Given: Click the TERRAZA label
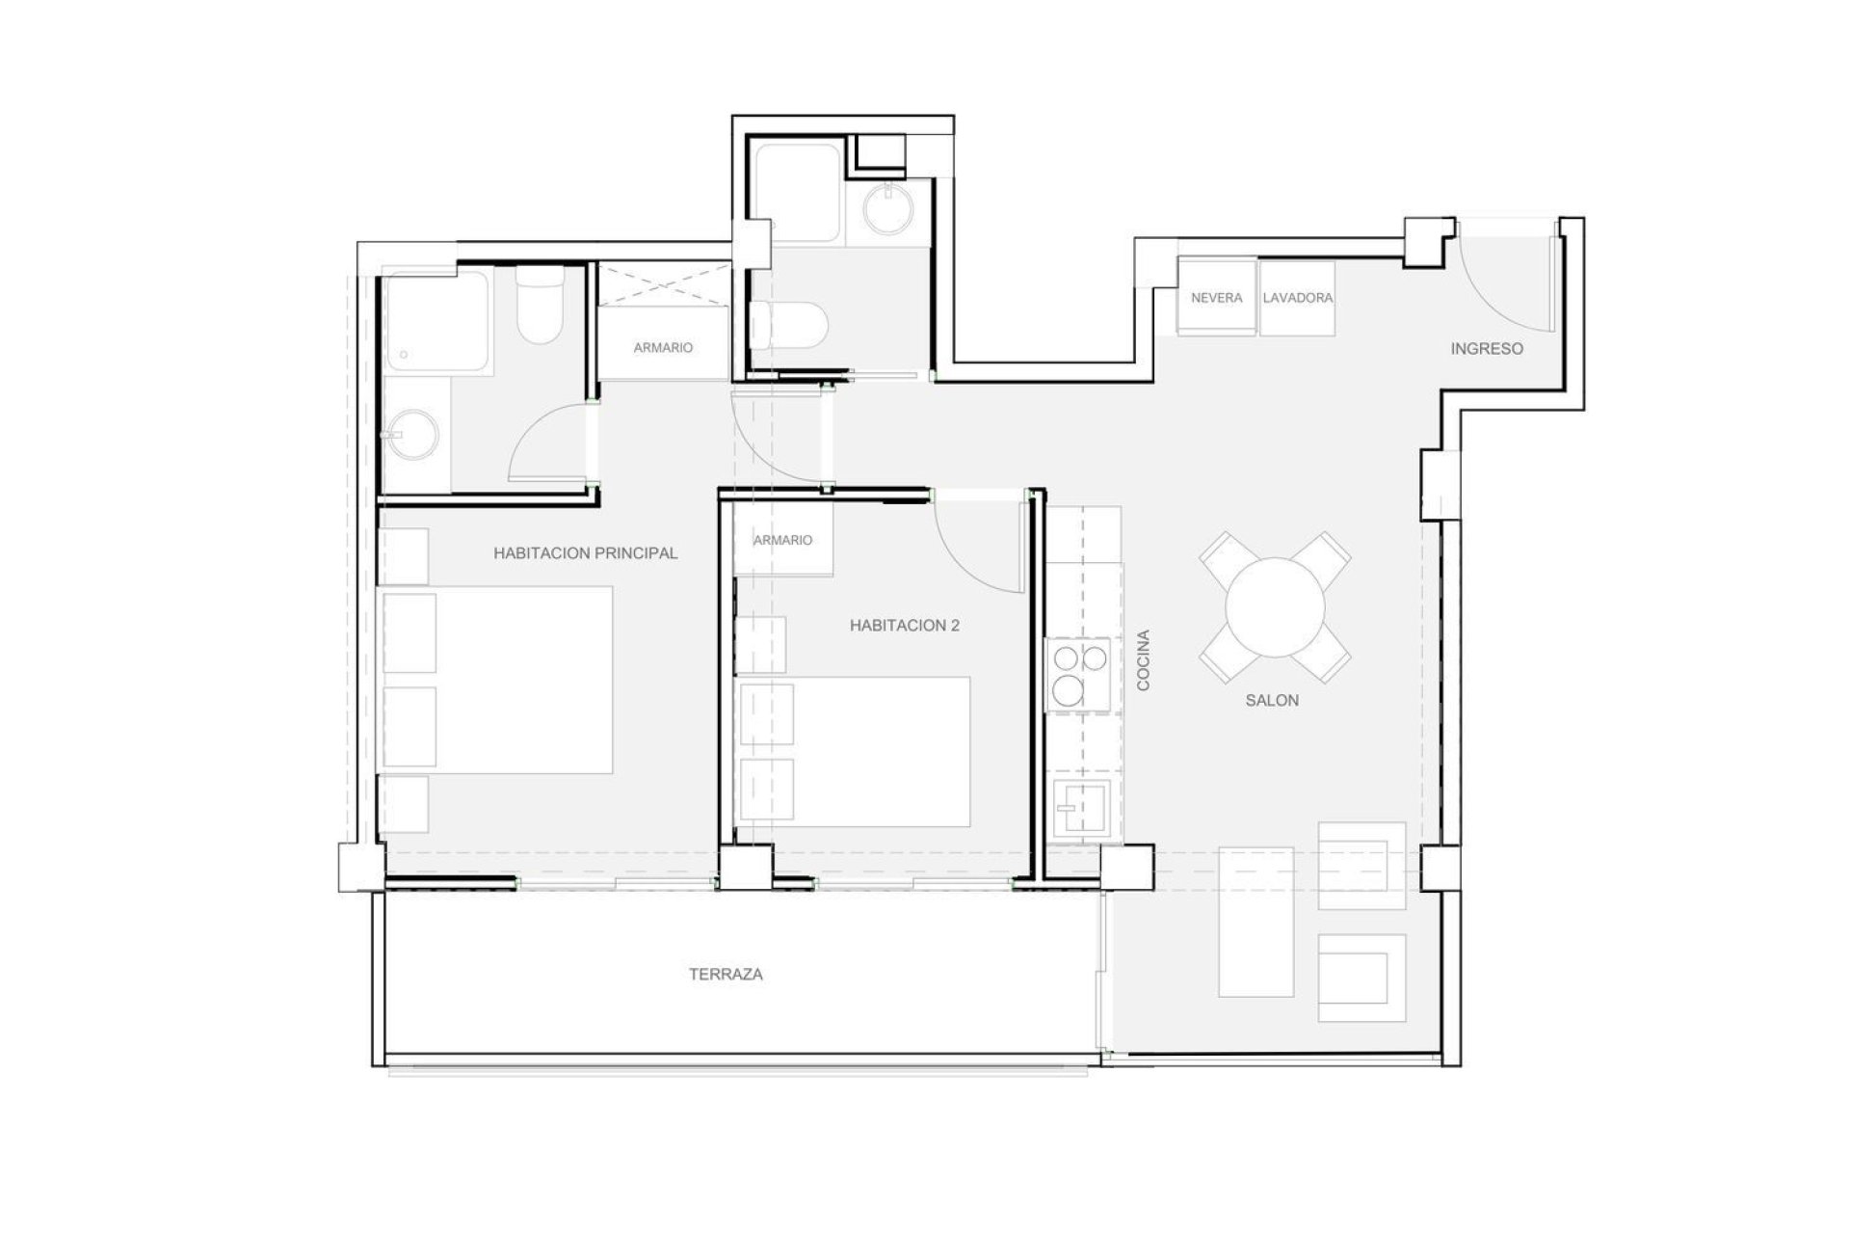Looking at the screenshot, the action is coord(726,975).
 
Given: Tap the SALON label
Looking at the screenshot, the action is coord(1272,701).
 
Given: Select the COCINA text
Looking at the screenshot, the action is coord(1144,660).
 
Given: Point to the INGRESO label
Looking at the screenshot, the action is coord(1487,349).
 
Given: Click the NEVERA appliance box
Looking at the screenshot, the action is coord(1217,298).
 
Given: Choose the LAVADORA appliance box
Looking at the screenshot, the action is coord(1298,298).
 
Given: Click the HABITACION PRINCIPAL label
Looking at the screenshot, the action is coord(586,553).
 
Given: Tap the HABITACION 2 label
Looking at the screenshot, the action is coord(905,626).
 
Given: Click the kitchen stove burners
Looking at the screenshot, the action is coord(1079,674).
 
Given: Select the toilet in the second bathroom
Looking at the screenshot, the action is coord(787,325).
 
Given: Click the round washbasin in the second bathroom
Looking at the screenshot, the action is coord(887,210).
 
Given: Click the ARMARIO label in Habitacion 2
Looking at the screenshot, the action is coord(782,541).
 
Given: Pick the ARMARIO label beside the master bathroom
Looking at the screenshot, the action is coord(663,348).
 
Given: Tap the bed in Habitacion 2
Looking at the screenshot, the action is coord(854,751).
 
